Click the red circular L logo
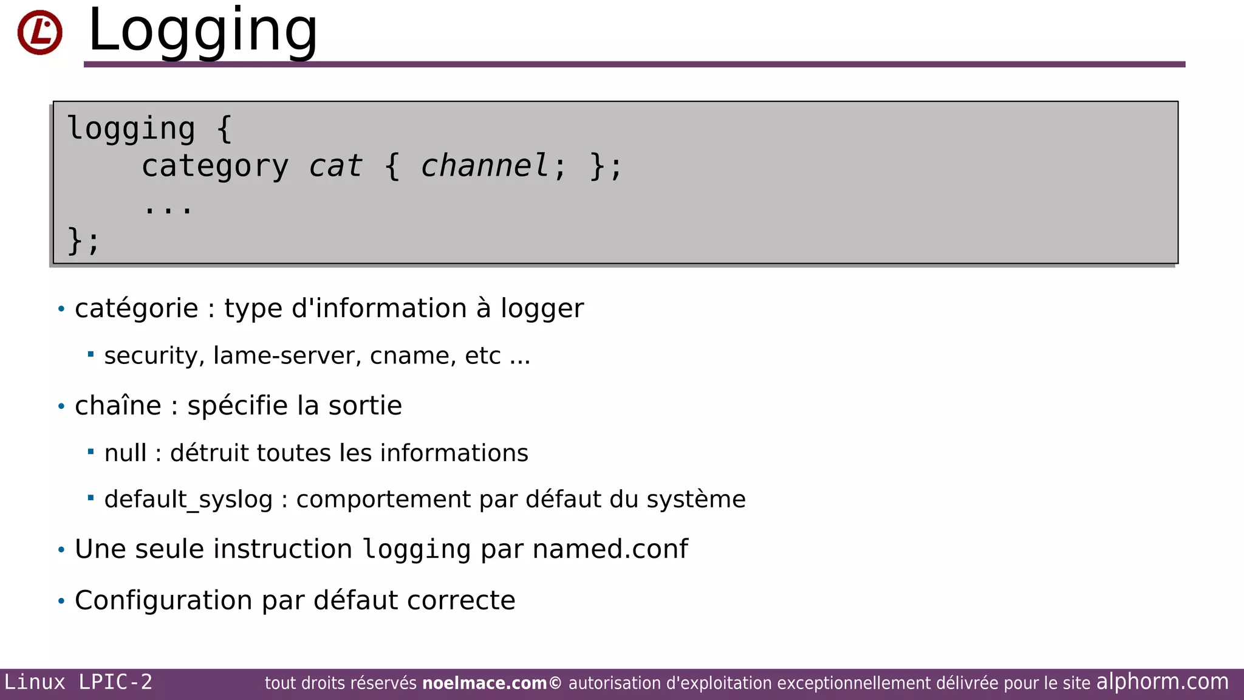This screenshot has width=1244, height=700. [x=39, y=32]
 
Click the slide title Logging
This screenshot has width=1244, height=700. [x=202, y=30]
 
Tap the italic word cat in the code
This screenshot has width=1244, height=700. [x=335, y=166]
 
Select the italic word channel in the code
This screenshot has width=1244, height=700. [x=484, y=166]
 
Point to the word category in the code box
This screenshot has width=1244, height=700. [x=214, y=166]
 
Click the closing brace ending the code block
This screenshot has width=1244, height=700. [x=75, y=241]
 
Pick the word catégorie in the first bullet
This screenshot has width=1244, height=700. [x=136, y=309]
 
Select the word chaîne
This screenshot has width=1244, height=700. [x=118, y=406]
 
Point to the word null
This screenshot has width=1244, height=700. [x=125, y=453]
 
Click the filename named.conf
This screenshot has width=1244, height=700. [x=610, y=549]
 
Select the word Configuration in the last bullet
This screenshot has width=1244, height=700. [x=163, y=600]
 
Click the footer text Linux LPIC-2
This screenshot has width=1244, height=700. [x=78, y=682]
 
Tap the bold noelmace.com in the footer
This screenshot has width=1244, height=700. [x=484, y=684]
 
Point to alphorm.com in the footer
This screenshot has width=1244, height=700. [x=1162, y=682]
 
